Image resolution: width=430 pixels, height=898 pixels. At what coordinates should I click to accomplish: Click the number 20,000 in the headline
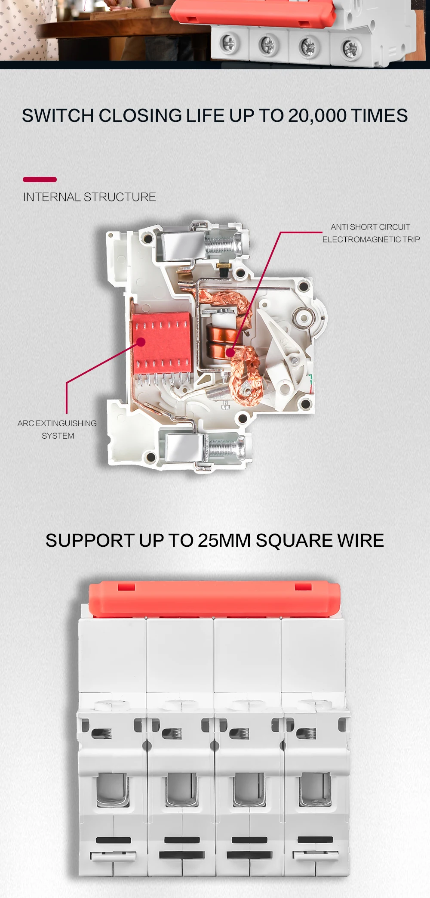(x=317, y=116)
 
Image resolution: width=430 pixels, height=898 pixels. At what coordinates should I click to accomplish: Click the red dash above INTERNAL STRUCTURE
(x=40, y=180)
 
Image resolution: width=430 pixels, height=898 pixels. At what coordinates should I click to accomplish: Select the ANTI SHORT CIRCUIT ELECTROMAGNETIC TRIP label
(x=371, y=233)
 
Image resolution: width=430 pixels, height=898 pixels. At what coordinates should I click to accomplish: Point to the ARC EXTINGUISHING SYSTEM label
(x=57, y=429)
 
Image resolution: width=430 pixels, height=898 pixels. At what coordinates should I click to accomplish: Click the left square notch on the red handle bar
(x=126, y=586)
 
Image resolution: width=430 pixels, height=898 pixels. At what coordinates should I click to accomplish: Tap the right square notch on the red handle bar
(x=303, y=586)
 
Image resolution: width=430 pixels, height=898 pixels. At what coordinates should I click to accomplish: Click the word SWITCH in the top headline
(x=58, y=116)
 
